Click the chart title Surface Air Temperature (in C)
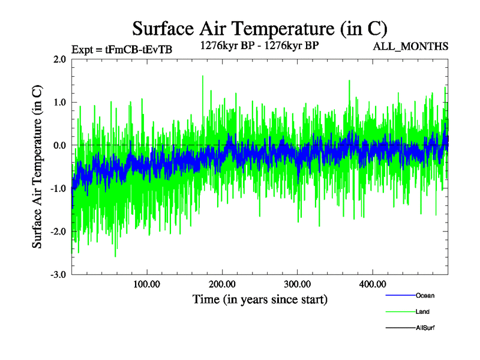260,28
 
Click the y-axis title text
37,167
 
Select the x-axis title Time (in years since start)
260,298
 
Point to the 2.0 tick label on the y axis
59,59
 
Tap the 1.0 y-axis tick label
59,103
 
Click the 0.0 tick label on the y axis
59,146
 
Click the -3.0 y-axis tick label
58,275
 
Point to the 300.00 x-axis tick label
297,284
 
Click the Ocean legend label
425,295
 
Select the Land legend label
422,311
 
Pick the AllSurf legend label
425,328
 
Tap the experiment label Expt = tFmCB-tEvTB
122,50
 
